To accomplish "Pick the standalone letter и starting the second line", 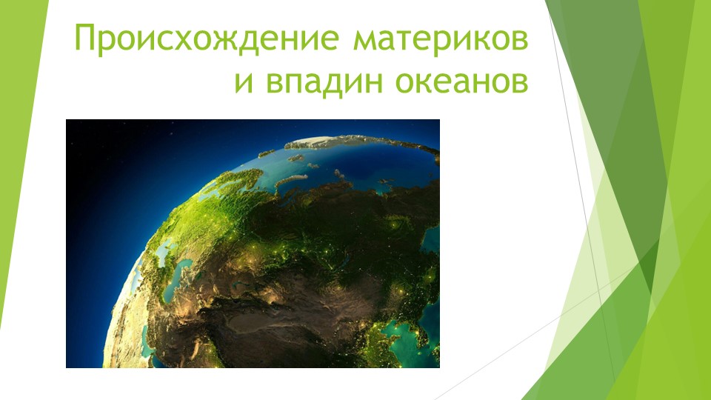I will (242, 81).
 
